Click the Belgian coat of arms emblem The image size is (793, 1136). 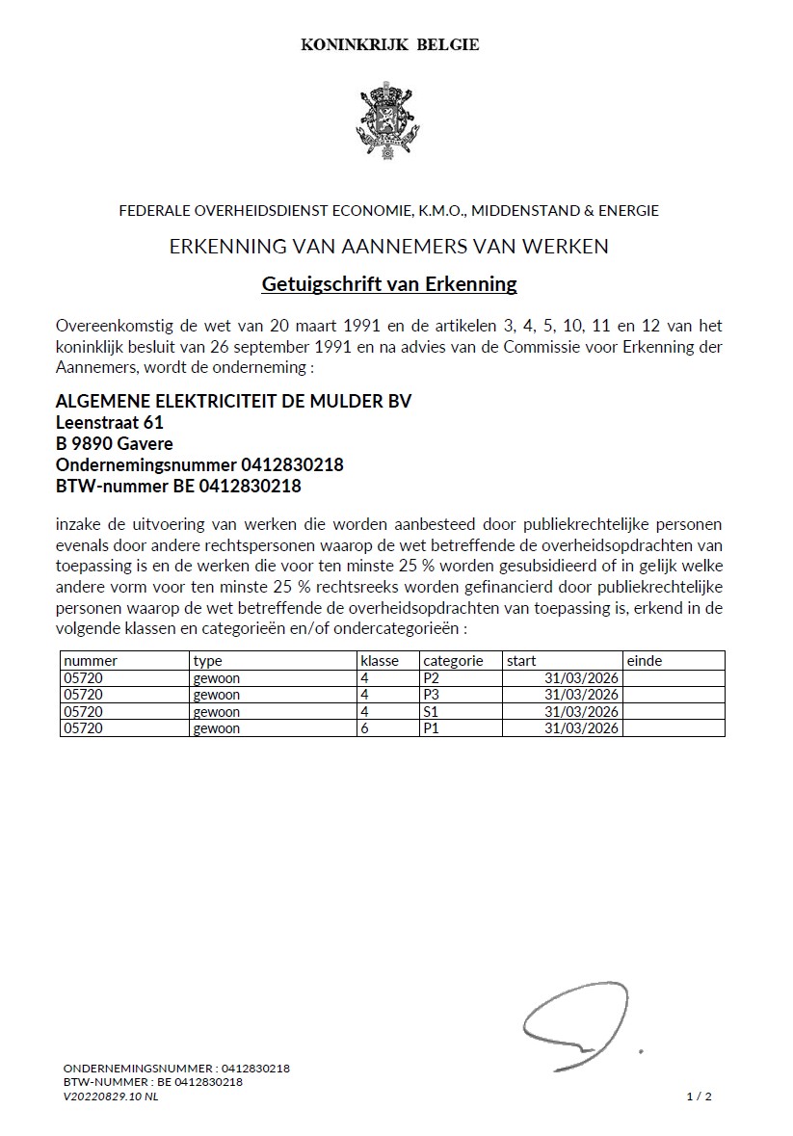[389, 121]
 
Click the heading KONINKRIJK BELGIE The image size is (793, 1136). [390, 44]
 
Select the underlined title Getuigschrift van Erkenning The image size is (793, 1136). [389, 284]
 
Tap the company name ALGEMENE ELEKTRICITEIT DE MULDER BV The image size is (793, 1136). [234, 402]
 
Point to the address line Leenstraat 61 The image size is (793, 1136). [109, 423]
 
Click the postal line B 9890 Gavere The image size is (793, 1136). [115, 444]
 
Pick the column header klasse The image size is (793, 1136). [380, 661]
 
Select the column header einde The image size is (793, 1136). [645, 661]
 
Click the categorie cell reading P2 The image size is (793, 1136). [431, 678]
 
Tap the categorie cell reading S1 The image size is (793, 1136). [431, 711]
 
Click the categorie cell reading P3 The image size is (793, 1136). [431, 695]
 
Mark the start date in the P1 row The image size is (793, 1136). [581, 728]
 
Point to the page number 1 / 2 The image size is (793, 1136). [699, 1096]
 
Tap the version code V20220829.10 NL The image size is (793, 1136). [111, 1096]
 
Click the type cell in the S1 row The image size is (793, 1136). [217, 711]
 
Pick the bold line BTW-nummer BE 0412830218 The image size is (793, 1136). [178, 487]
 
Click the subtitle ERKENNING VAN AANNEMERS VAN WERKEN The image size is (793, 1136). [389, 247]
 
